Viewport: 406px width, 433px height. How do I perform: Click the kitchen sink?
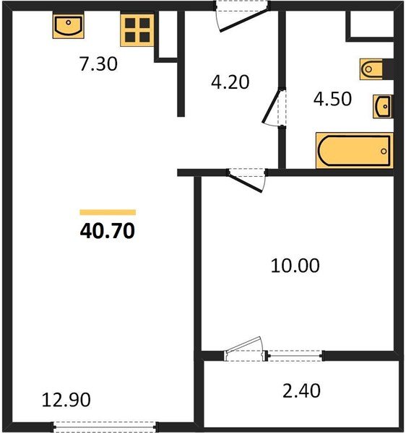pyautogui.click(x=68, y=25)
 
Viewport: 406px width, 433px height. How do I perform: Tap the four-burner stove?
pyautogui.click(x=137, y=30)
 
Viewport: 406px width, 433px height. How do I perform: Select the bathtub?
pyautogui.click(x=355, y=150)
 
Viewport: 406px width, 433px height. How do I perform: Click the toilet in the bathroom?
pyautogui.click(x=371, y=69)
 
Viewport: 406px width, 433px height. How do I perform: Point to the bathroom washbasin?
pyautogui.click(x=382, y=106)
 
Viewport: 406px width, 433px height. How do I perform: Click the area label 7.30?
pyautogui.click(x=98, y=64)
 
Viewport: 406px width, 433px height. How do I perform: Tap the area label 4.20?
pyautogui.click(x=230, y=82)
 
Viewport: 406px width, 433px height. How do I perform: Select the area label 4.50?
pyautogui.click(x=332, y=99)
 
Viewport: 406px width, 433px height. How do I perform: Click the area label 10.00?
pyautogui.click(x=295, y=266)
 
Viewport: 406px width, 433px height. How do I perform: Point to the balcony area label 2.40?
pyautogui.click(x=301, y=390)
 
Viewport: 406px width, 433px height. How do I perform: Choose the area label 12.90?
pyautogui.click(x=66, y=400)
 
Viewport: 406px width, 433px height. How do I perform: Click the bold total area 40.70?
pyautogui.click(x=108, y=231)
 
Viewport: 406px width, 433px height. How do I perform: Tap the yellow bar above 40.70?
pyautogui.click(x=108, y=212)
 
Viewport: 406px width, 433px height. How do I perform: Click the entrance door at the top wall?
pyautogui.click(x=242, y=16)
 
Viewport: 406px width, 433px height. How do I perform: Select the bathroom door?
pyautogui.click(x=275, y=107)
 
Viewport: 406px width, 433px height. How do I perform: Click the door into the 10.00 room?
pyautogui.click(x=246, y=180)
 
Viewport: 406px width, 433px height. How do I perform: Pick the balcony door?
pyautogui.click(x=243, y=349)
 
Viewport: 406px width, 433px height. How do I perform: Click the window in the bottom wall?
pyautogui.click(x=105, y=427)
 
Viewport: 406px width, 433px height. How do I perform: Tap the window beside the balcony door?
pyautogui.click(x=295, y=356)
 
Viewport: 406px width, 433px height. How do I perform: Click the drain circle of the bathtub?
pyautogui.click(x=384, y=151)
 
